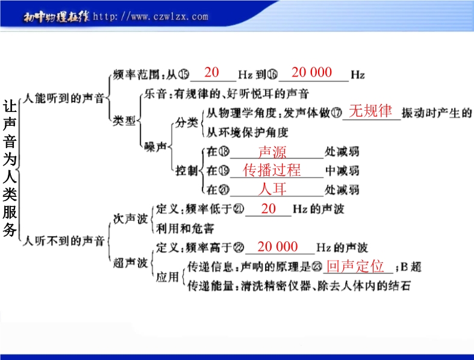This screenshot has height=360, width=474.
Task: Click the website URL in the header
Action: coord(151,16)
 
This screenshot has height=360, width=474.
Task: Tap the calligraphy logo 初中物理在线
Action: coord(57,17)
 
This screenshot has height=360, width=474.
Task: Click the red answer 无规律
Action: coord(370,111)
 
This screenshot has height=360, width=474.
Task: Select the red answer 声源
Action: coord(272,152)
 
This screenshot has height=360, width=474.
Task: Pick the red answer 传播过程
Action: coord(272,170)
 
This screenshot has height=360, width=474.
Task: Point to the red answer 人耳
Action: coord(272,189)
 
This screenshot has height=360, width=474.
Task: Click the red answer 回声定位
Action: coord(355,266)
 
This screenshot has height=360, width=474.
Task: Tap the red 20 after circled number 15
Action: coord(211,73)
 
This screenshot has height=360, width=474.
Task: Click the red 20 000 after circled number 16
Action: coord(311,73)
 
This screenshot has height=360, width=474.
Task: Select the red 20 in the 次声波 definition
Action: coord(269,209)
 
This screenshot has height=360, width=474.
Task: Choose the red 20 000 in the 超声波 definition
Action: coord(278,247)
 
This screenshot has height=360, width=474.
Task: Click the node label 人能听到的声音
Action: coord(64,98)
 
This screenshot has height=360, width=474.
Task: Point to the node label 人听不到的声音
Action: coord(64,241)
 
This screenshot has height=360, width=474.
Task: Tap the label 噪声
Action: coord(155,147)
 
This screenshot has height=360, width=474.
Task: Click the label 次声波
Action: coord(130,219)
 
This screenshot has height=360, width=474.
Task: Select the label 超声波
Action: coord(130,262)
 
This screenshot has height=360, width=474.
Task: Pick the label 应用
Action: coord(167,276)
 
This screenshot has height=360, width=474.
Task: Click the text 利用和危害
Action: coord(185,228)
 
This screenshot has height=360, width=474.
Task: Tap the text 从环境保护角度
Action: coord(248,132)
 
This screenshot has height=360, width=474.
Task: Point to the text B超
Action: coord(411,267)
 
